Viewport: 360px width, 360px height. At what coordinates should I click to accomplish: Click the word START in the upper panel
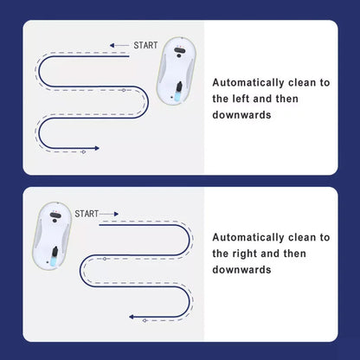click(x=145, y=45)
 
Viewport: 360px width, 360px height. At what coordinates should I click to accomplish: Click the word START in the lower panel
click(x=87, y=214)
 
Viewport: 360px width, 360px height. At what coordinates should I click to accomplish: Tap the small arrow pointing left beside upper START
click(x=119, y=45)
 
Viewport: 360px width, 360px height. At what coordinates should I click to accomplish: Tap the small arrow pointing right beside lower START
click(x=109, y=214)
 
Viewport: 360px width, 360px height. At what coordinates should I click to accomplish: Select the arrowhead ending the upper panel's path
click(x=97, y=148)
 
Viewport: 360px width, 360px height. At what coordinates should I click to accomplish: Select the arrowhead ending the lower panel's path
click(x=132, y=317)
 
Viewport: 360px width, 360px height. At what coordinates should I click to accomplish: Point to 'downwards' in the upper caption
click(x=241, y=115)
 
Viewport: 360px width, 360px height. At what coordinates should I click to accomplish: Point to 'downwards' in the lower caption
click(x=241, y=270)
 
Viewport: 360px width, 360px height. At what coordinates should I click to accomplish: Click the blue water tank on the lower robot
click(x=54, y=260)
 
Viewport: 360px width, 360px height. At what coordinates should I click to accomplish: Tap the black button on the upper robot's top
click(x=179, y=51)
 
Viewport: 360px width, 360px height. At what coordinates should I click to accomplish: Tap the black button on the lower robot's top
click(x=55, y=215)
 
